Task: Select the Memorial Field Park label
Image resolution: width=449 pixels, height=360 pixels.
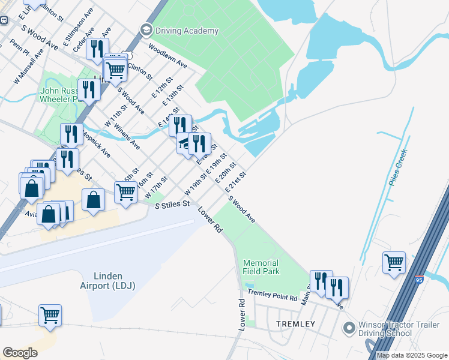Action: pos(261,267)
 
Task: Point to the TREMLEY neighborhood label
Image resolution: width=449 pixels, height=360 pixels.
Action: pos(295,324)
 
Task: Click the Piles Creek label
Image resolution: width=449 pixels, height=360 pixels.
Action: pos(397,167)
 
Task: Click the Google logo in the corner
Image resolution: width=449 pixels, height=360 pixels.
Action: pos(20,353)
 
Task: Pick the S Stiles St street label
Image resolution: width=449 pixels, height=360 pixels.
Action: pos(172,205)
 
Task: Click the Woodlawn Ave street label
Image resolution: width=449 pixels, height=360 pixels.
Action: pos(168,56)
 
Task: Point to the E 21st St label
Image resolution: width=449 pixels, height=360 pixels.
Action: pos(236,182)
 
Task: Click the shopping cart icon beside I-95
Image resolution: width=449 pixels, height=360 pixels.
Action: pos(394,262)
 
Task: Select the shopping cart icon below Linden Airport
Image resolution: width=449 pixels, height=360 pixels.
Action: pos(50,315)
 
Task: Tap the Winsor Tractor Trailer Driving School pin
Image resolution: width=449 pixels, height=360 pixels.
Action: pos(347,329)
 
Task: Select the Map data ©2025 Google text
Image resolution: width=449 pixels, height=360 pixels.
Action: pos(412,355)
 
